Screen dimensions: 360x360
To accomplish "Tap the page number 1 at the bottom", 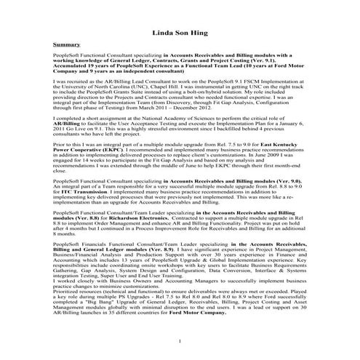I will tap(180, 341).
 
